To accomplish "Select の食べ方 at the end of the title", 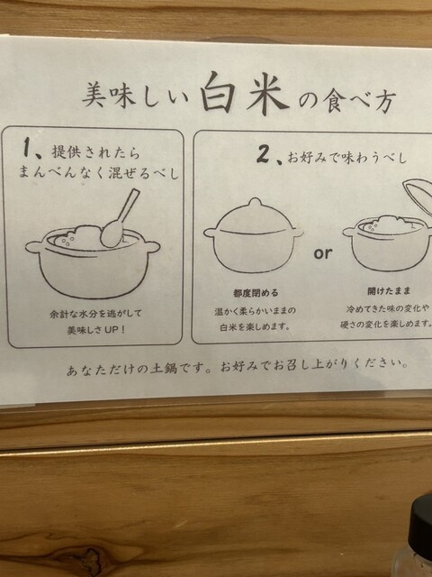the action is (347, 100).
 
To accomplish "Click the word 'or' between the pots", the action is (323, 253).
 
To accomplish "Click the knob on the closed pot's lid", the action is (255, 203).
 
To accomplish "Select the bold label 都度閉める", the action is (256, 293).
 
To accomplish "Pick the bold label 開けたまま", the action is (389, 291).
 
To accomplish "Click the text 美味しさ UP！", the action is (96, 330).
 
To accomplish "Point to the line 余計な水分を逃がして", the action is (95, 315).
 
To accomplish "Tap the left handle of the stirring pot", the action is (33, 246).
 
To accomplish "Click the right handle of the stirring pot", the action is (151, 245).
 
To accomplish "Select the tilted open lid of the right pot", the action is (418, 196).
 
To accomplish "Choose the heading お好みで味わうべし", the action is (347, 159).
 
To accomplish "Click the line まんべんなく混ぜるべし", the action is (99, 172).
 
